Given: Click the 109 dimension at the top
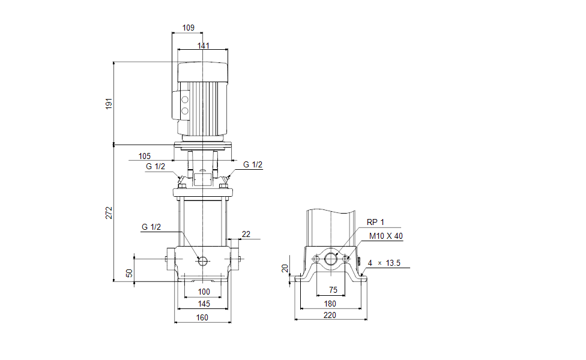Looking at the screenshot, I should pyautogui.click(x=188, y=28).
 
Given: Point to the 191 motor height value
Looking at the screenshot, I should pyautogui.click(x=109, y=103).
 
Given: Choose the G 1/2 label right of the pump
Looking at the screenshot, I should pyautogui.click(x=253, y=165).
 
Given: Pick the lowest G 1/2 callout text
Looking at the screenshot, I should pyautogui.click(x=151, y=227).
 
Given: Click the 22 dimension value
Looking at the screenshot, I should pyautogui.click(x=246, y=233).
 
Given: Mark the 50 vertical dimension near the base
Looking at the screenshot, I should pyautogui.click(x=129, y=273).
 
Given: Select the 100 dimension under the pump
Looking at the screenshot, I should pyautogui.click(x=204, y=292).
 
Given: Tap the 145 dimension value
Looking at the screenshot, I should pyautogui.click(x=204, y=305).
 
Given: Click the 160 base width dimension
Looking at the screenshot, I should pyautogui.click(x=202, y=317).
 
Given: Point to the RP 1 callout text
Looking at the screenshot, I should pyautogui.click(x=375, y=223).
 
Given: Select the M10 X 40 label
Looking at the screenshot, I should pyautogui.click(x=386, y=236).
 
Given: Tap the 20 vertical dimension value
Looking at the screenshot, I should pyautogui.click(x=286, y=268).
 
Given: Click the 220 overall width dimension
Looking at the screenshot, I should pyautogui.click(x=330, y=315).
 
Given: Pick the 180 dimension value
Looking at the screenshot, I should pyautogui.click(x=330, y=304).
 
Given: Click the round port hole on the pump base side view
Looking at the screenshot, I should pyautogui.click(x=202, y=260).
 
